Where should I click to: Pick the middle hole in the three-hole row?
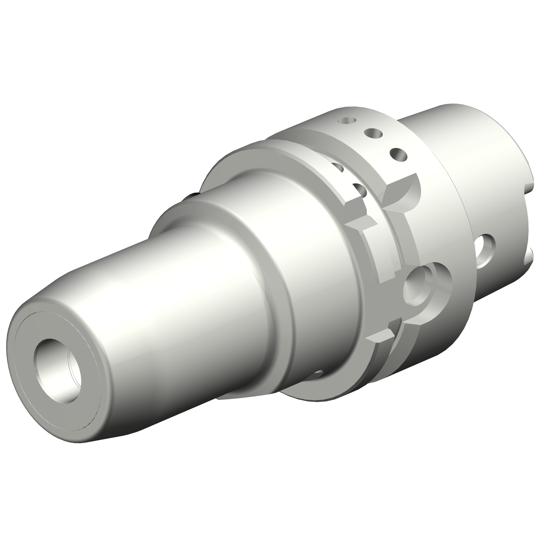(372, 134)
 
